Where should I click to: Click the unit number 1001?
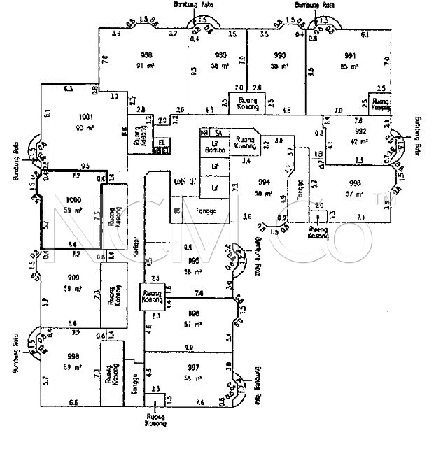86,117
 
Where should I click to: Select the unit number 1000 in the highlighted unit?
73,200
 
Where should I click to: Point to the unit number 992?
360,130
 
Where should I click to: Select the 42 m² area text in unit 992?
360,140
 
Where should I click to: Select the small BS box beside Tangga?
177,209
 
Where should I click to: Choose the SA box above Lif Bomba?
218,132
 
